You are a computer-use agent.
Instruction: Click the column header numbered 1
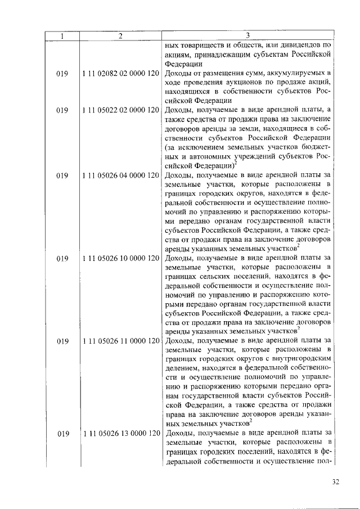(62, 36)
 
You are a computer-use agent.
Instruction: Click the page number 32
(336, 482)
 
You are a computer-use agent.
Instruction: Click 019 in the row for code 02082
(62, 74)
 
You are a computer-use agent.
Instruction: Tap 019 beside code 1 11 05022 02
(62, 110)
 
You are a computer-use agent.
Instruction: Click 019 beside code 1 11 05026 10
(62, 258)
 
